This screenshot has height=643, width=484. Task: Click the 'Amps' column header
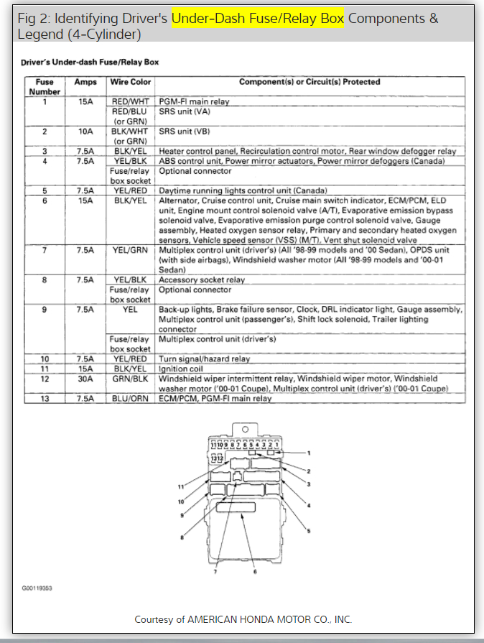[85, 82]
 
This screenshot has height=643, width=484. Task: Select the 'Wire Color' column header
[130, 82]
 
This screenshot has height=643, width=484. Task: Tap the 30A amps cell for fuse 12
[85, 379]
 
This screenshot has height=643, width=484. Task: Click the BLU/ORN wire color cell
[130, 398]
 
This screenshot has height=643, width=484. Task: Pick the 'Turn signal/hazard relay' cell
[204, 358]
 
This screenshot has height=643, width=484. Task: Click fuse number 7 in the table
[45, 250]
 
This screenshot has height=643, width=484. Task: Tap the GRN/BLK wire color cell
[130, 379]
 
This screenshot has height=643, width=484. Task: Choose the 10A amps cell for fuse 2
[85, 131]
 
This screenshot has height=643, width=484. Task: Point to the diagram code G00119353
[37, 588]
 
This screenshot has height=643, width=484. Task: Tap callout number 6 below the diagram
[253, 572]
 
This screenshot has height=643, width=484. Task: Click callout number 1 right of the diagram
[308, 453]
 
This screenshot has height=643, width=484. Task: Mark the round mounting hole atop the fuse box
[242, 435]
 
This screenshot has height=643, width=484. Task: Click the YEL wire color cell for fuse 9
[130, 309]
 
